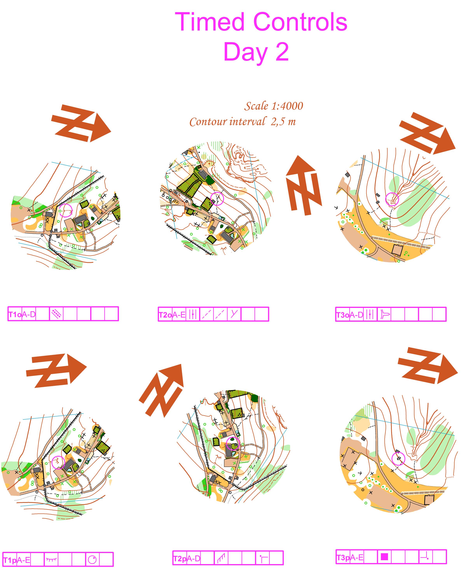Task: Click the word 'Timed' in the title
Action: tap(210, 22)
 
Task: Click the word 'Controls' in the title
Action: tap(301, 22)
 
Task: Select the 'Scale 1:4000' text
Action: tap(274, 106)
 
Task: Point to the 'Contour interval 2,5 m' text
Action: tap(242, 121)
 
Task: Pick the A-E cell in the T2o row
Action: tap(179, 315)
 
